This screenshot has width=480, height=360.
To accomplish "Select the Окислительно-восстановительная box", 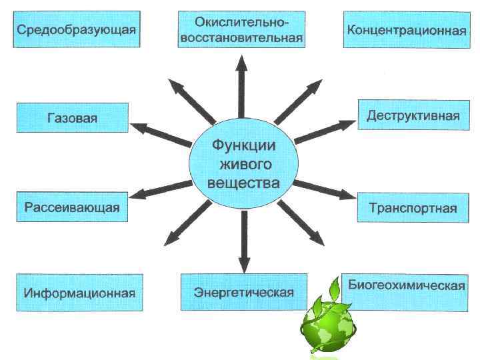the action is (241, 29).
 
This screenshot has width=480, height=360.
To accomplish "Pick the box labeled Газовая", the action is (72, 118).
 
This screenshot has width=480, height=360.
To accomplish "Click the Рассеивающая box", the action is (72, 207).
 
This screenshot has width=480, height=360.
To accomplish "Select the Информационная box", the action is (79, 293).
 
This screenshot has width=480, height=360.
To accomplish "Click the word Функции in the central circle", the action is (243, 145).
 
